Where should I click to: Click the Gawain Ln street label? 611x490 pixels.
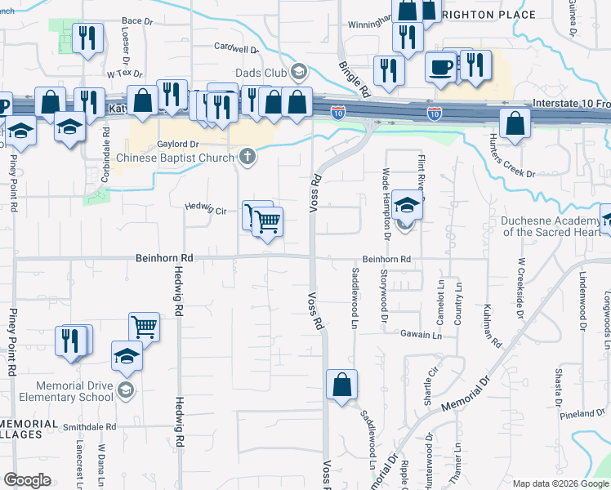tap(421, 335)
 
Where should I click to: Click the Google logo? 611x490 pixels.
tap(28, 480)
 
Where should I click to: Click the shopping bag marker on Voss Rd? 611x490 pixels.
tap(341, 385)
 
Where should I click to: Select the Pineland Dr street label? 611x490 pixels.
tap(582, 414)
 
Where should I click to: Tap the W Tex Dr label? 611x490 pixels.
tap(125, 73)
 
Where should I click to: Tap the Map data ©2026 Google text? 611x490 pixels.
tap(560, 483)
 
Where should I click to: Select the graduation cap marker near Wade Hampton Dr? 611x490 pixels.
tap(406, 205)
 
